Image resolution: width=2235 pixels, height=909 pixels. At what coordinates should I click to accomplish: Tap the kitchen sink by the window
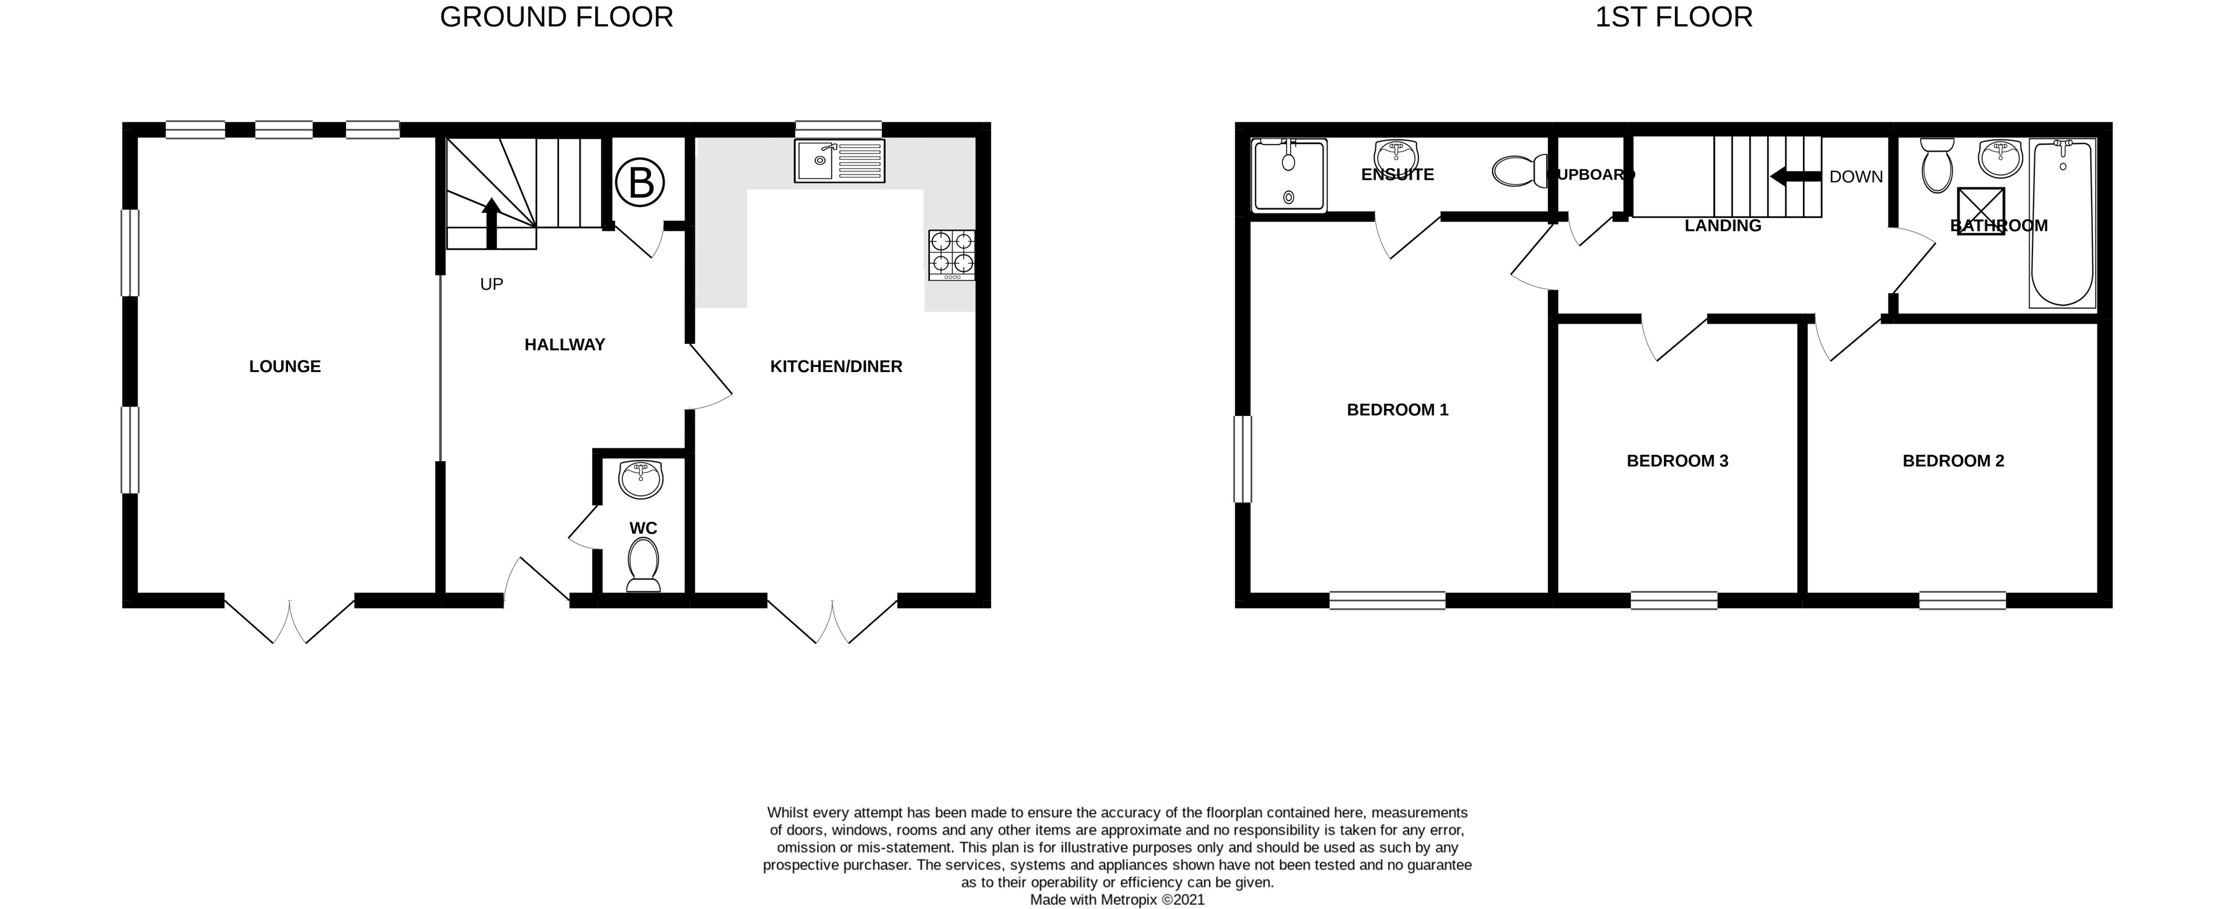click(x=839, y=161)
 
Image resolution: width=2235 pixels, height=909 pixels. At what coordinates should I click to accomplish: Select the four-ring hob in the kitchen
click(x=951, y=254)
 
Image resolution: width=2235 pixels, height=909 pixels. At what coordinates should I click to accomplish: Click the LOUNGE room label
click(x=285, y=367)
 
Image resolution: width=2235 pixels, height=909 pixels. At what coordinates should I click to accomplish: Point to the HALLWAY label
click(x=564, y=345)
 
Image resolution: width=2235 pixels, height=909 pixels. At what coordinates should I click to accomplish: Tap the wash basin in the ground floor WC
click(x=641, y=480)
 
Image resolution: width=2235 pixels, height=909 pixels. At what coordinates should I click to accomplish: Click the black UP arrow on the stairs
click(x=491, y=223)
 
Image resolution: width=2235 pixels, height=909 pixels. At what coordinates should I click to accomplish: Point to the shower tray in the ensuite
click(x=1289, y=175)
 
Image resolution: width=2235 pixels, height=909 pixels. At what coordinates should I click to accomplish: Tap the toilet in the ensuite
click(x=1518, y=171)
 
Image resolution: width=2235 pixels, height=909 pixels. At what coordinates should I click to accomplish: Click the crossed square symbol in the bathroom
click(x=1981, y=211)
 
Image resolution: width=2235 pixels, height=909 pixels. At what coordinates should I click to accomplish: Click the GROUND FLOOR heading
click(x=556, y=17)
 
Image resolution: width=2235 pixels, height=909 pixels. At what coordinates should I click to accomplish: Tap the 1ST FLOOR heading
click(x=1673, y=17)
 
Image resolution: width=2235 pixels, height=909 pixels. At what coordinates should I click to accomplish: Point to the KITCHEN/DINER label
click(x=835, y=367)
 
